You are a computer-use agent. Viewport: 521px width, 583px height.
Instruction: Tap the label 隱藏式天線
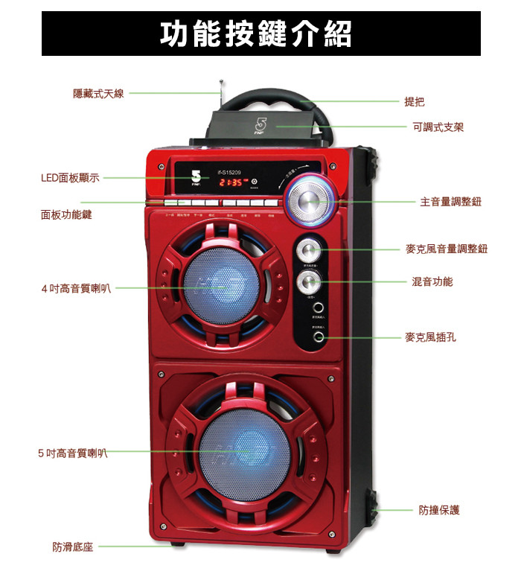(x=98, y=93)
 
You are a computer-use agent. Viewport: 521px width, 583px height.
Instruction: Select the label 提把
(x=415, y=101)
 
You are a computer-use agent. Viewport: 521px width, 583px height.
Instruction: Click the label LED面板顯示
(x=70, y=178)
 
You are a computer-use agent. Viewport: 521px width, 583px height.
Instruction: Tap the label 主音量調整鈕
(x=450, y=201)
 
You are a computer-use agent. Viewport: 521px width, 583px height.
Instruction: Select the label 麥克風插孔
(x=431, y=337)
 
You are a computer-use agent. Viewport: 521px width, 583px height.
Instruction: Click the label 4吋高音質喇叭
(x=76, y=287)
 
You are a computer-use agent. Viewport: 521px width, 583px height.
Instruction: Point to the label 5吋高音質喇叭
(x=72, y=452)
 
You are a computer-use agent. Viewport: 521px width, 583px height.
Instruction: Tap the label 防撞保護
(x=439, y=510)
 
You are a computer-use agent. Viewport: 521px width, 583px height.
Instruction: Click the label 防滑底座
(x=72, y=547)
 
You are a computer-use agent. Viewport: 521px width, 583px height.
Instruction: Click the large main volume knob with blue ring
(x=309, y=200)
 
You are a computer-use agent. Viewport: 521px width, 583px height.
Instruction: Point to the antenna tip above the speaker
(x=221, y=80)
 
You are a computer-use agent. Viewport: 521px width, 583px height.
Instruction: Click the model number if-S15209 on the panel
(x=231, y=171)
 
